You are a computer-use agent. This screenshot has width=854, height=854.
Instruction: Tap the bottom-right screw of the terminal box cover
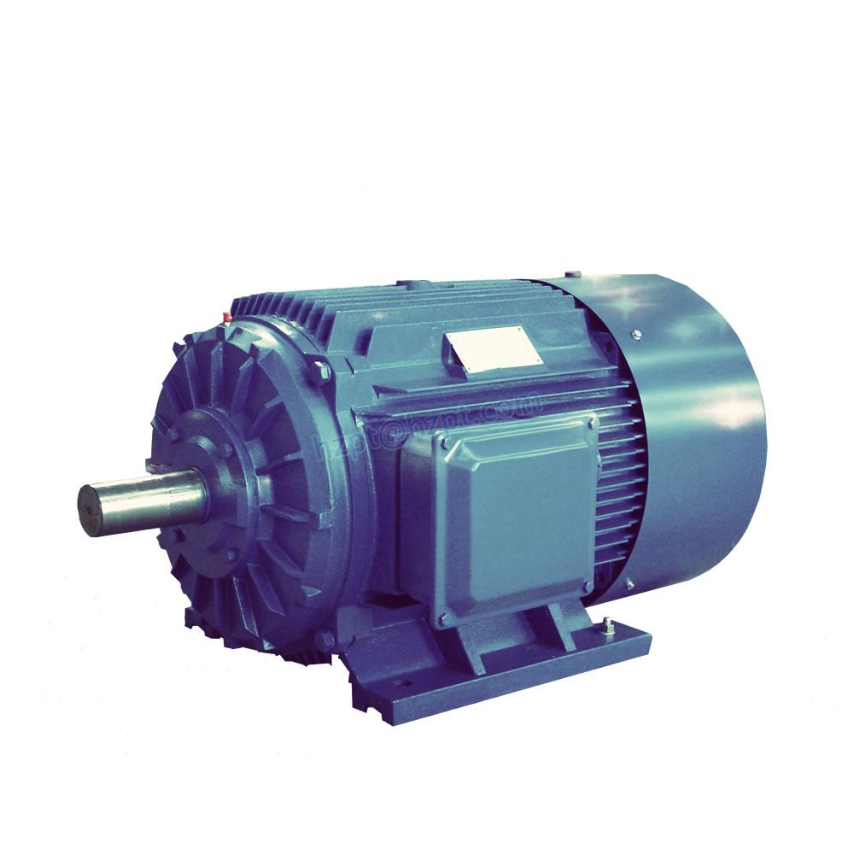pos(588,586)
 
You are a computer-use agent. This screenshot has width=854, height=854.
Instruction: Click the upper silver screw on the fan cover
pos(635,333)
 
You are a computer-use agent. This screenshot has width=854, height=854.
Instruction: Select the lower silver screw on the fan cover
pos(629,584)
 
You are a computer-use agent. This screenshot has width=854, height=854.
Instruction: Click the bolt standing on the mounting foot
pos(607,626)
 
